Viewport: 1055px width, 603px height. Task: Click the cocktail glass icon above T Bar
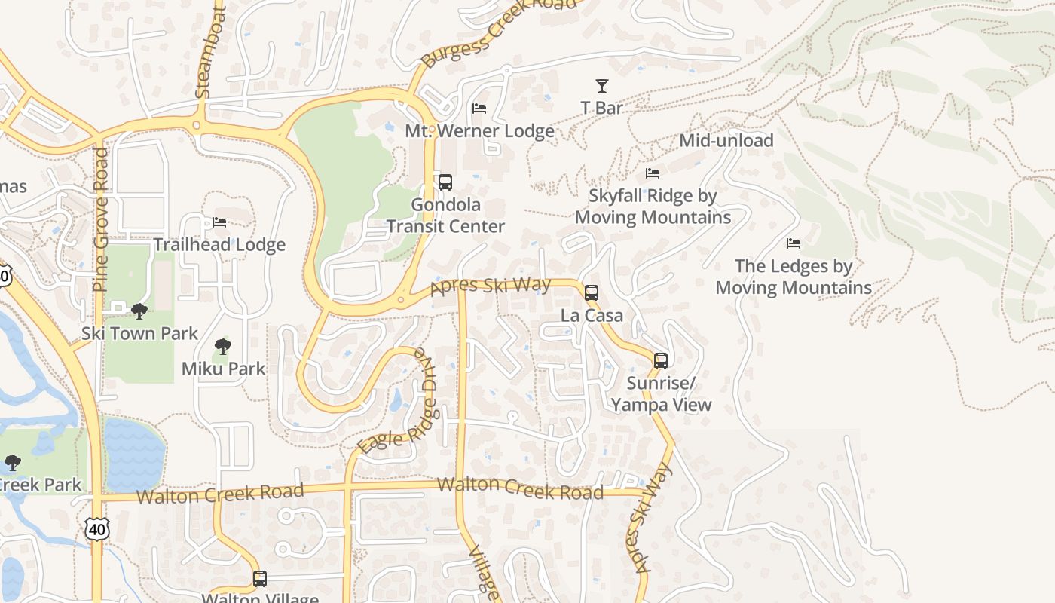tap(601, 86)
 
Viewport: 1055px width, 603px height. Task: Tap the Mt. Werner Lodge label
tap(479, 130)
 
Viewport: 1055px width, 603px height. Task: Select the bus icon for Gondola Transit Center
tap(445, 182)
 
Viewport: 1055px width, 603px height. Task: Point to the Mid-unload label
tap(726, 140)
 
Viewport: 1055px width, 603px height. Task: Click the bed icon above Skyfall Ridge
tap(653, 174)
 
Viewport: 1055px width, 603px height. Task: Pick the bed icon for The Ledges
tap(794, 243)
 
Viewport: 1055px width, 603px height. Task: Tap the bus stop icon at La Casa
tap(592, 293)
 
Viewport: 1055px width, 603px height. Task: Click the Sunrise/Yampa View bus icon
tap(661, 361)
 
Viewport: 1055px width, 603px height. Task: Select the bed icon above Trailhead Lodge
tap(219, 222)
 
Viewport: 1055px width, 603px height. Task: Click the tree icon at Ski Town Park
tap(139, 311)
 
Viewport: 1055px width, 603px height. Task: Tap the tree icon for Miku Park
tap(222, 347)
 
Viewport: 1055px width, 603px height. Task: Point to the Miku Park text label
tap(223, 369)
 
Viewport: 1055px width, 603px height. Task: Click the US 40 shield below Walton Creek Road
tap(97, 529)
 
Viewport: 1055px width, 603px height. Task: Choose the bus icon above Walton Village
tap(260, 579)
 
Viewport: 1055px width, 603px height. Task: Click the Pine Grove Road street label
tap(101, 219)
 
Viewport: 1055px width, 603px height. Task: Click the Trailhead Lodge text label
tap(219, 244)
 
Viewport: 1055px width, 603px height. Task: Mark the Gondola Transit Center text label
tap(445, 216)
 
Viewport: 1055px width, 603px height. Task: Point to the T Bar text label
tap(601, 108)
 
